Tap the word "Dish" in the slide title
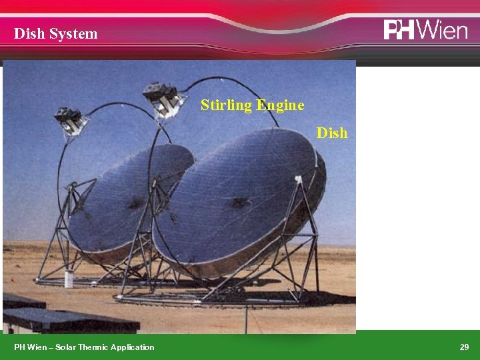[x=29, y=33]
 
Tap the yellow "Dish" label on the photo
[x=332, y=133]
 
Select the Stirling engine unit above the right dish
[x=162, y=98]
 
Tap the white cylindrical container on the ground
[x=69, y=278]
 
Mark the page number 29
[x=464, y=347]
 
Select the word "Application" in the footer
[x=132, y=347]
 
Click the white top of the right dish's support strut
[x=298, y=179]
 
